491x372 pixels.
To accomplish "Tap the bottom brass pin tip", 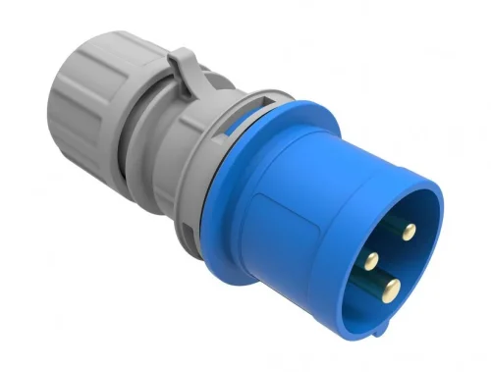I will (392, 289).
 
